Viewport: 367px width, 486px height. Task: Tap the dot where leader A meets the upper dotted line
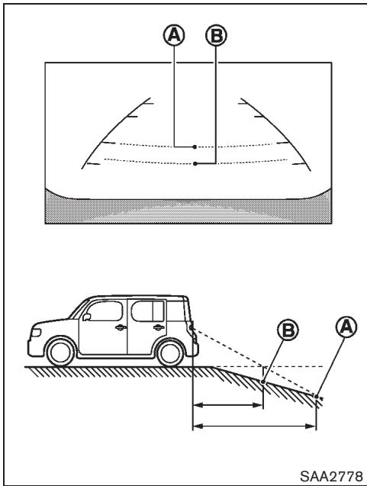tap(195, 145)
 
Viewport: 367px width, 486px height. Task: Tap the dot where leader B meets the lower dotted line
tap(196, 163)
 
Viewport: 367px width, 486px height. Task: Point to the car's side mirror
tap(87, 316)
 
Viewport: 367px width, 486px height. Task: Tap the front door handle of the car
tap(120, 328)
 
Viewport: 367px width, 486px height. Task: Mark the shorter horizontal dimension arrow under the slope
tap(227, 406)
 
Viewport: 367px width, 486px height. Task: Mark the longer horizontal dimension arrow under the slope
tap(253, 426)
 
